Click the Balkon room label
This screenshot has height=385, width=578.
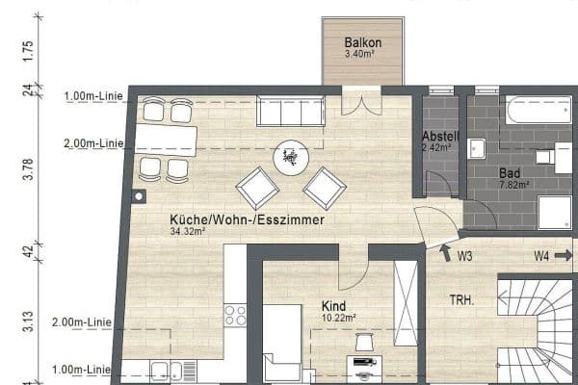(x=363, y=42)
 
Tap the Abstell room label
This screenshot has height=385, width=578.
(x=439, y=137)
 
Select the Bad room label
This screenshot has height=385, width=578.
(x=509, y=173)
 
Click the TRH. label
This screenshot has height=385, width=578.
(x=461, y=300)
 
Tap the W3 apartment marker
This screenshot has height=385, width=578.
(x=464, y=256)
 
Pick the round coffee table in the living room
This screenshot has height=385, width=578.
(x=291, y=158)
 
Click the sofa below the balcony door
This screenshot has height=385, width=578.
(x=290, y=112)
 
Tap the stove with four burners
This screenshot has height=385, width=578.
(x=234, y=315)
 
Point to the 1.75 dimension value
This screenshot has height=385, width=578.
(x=28, y=50)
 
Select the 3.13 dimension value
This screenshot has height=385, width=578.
(x=28, y=318)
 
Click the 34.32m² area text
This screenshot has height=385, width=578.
(x=190, y=232)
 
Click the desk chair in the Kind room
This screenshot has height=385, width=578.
(x=364, y=343)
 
